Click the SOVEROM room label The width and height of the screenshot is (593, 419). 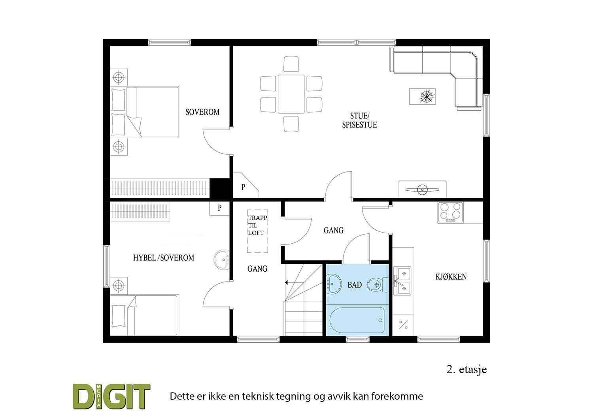pyautogui.click(x=202, y=112)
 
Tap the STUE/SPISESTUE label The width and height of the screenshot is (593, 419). pyautogui.click(x=359, y=120)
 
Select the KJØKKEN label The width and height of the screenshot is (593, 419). pyautogui.click(x=451, y=277)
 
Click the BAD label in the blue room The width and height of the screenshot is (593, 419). pyautogui.click(x=354, y=285)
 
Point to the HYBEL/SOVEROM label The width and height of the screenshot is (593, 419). pyautogui.click(x=164, y=258)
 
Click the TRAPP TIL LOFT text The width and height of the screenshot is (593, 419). pyautogui.click(x=257, y=225)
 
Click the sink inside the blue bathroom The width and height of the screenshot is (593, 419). pyautogui.click(x=334, y=284)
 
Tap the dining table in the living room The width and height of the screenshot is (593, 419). pyautogui.click(x=291, y=94)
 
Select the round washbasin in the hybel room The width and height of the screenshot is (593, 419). pyautogui.click(x=222, y=260)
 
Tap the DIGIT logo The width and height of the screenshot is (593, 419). pyautogui.click(x=111, y=396)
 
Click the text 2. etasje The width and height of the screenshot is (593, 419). pyautogui.click(x=466, y=370)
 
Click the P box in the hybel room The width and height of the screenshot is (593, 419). pyautogui.click(x=219, y=208)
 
